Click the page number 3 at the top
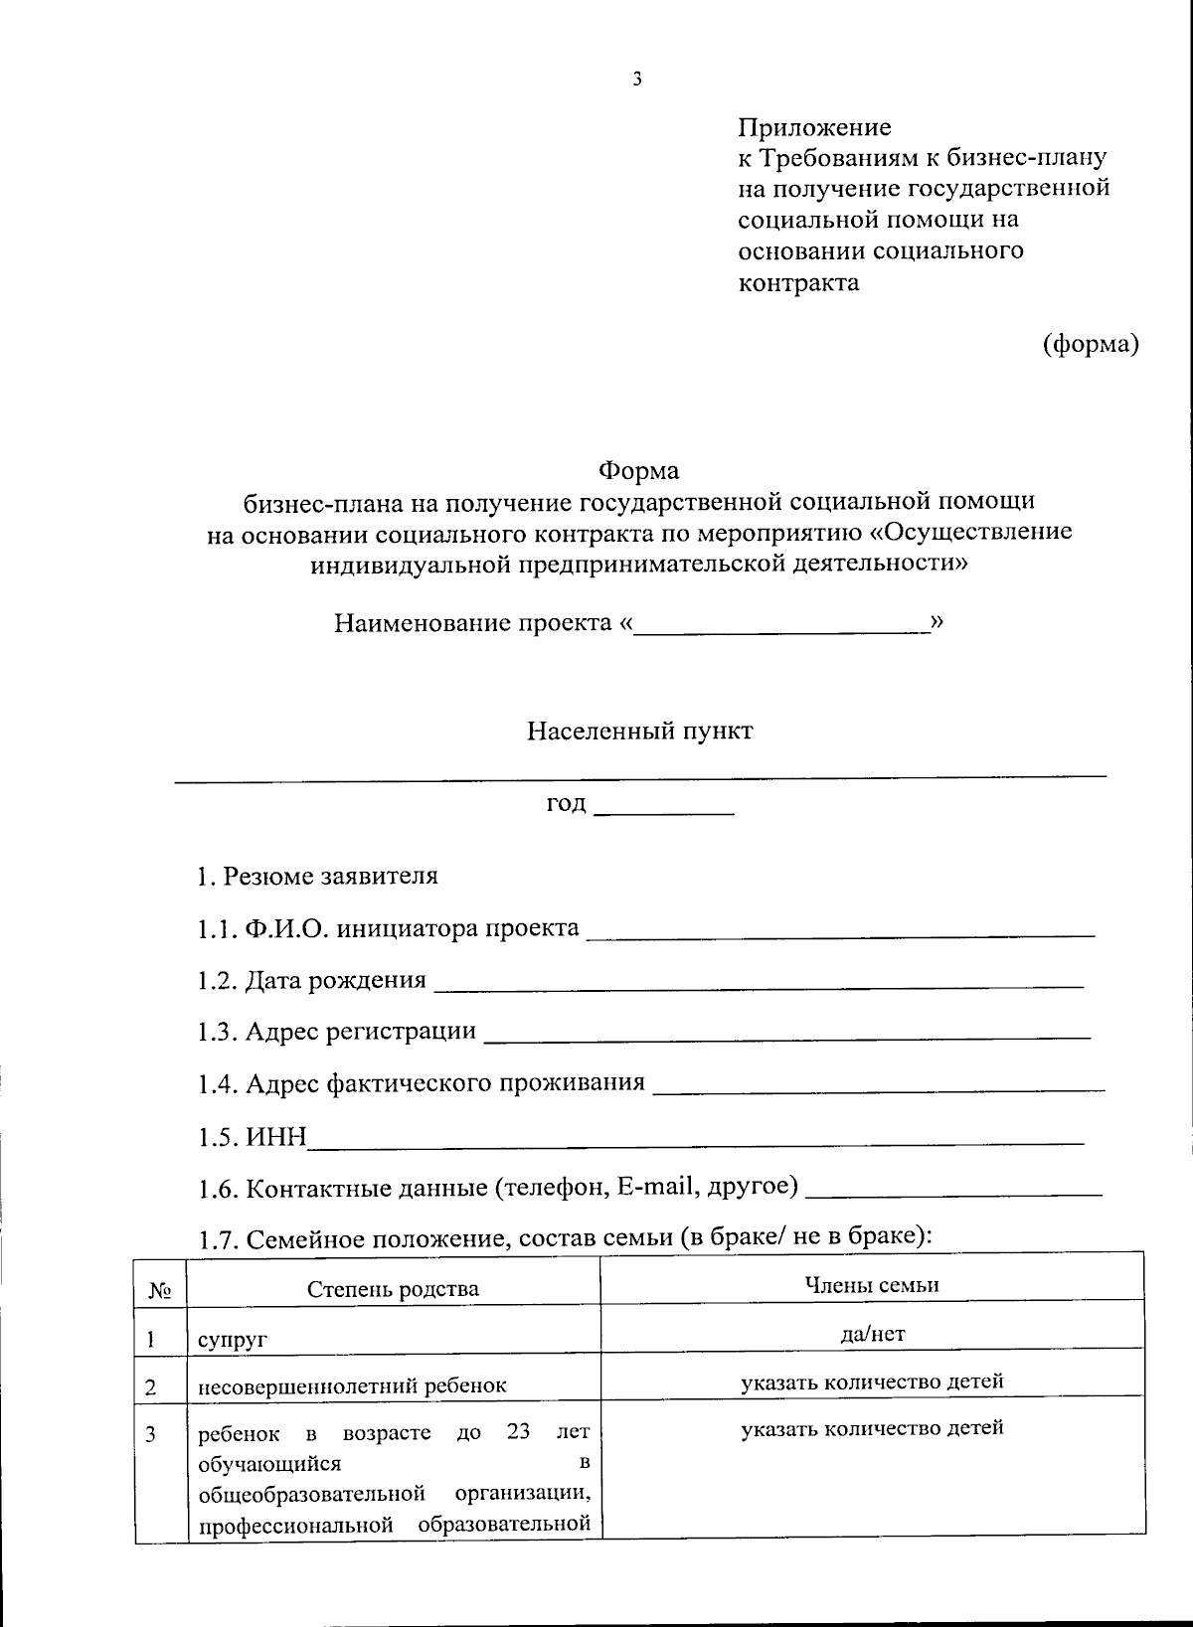[x=636, y=80]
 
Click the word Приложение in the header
[x=813, y=127]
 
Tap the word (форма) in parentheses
[x=1090, y=344]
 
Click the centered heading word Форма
[x=638, y=469]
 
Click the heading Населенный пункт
[x=639, y=732]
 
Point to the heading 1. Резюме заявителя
[x=317, y=876]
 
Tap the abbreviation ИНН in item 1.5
[x=276, y=1136]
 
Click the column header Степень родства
[x=393, y=1289]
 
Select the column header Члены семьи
[x=871, y=1284]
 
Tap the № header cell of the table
[x=160, y=1291]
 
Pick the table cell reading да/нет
[x=872, y=1334]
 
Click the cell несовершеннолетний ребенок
[x=352, y=1385]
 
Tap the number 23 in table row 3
[x=518, y=1432]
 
